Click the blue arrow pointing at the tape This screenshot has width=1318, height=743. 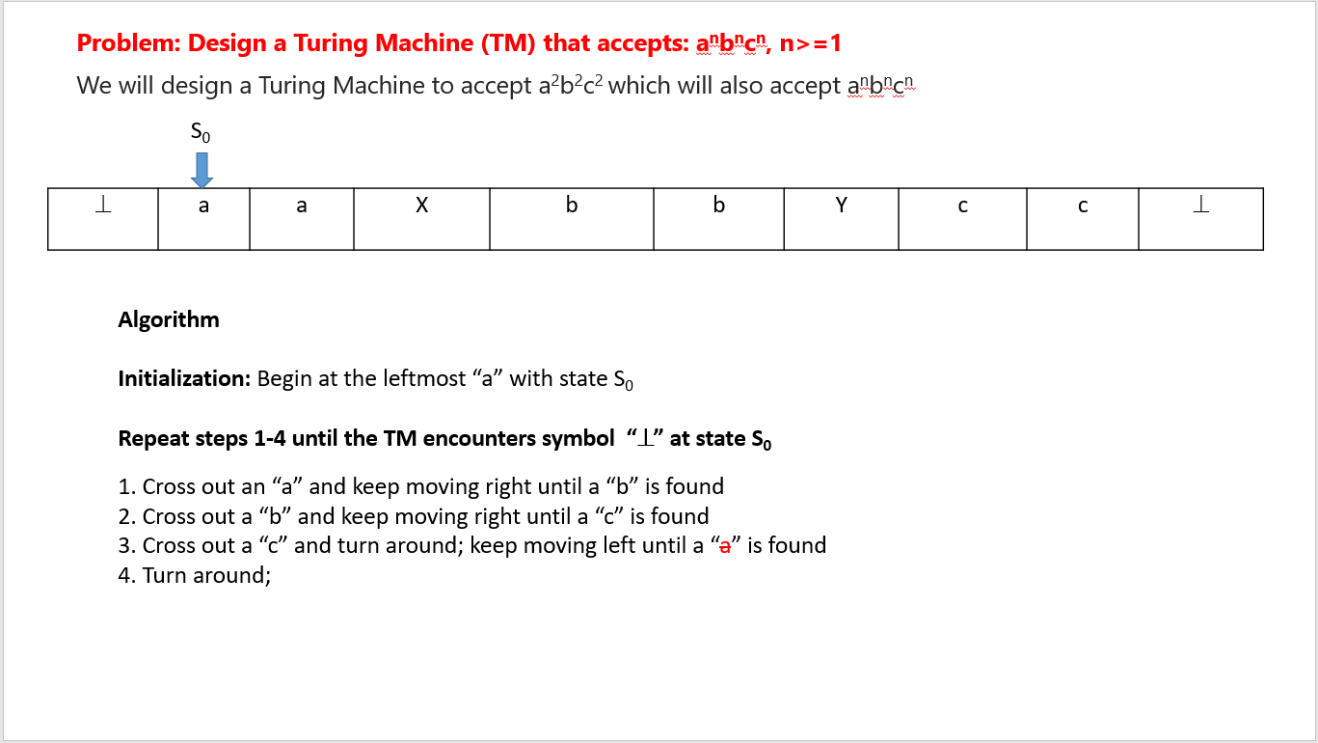(x=202, y=169)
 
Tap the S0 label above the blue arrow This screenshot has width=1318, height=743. (x=202, y=132)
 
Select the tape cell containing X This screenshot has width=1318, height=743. (x=421, y=219)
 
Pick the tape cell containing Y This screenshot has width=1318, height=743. (x=841, y=219)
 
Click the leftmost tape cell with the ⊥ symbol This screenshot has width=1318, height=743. (x=103, y=219)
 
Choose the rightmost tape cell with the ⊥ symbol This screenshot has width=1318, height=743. (x=1200, y=219)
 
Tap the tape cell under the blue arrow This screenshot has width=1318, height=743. (x=203, y=219)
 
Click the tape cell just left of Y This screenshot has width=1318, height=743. (x=718, y=219)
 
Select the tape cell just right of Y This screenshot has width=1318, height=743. (x=962, y=219)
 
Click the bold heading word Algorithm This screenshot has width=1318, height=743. (x=169, y=319)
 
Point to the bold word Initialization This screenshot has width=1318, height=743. (x=184, y=378)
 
